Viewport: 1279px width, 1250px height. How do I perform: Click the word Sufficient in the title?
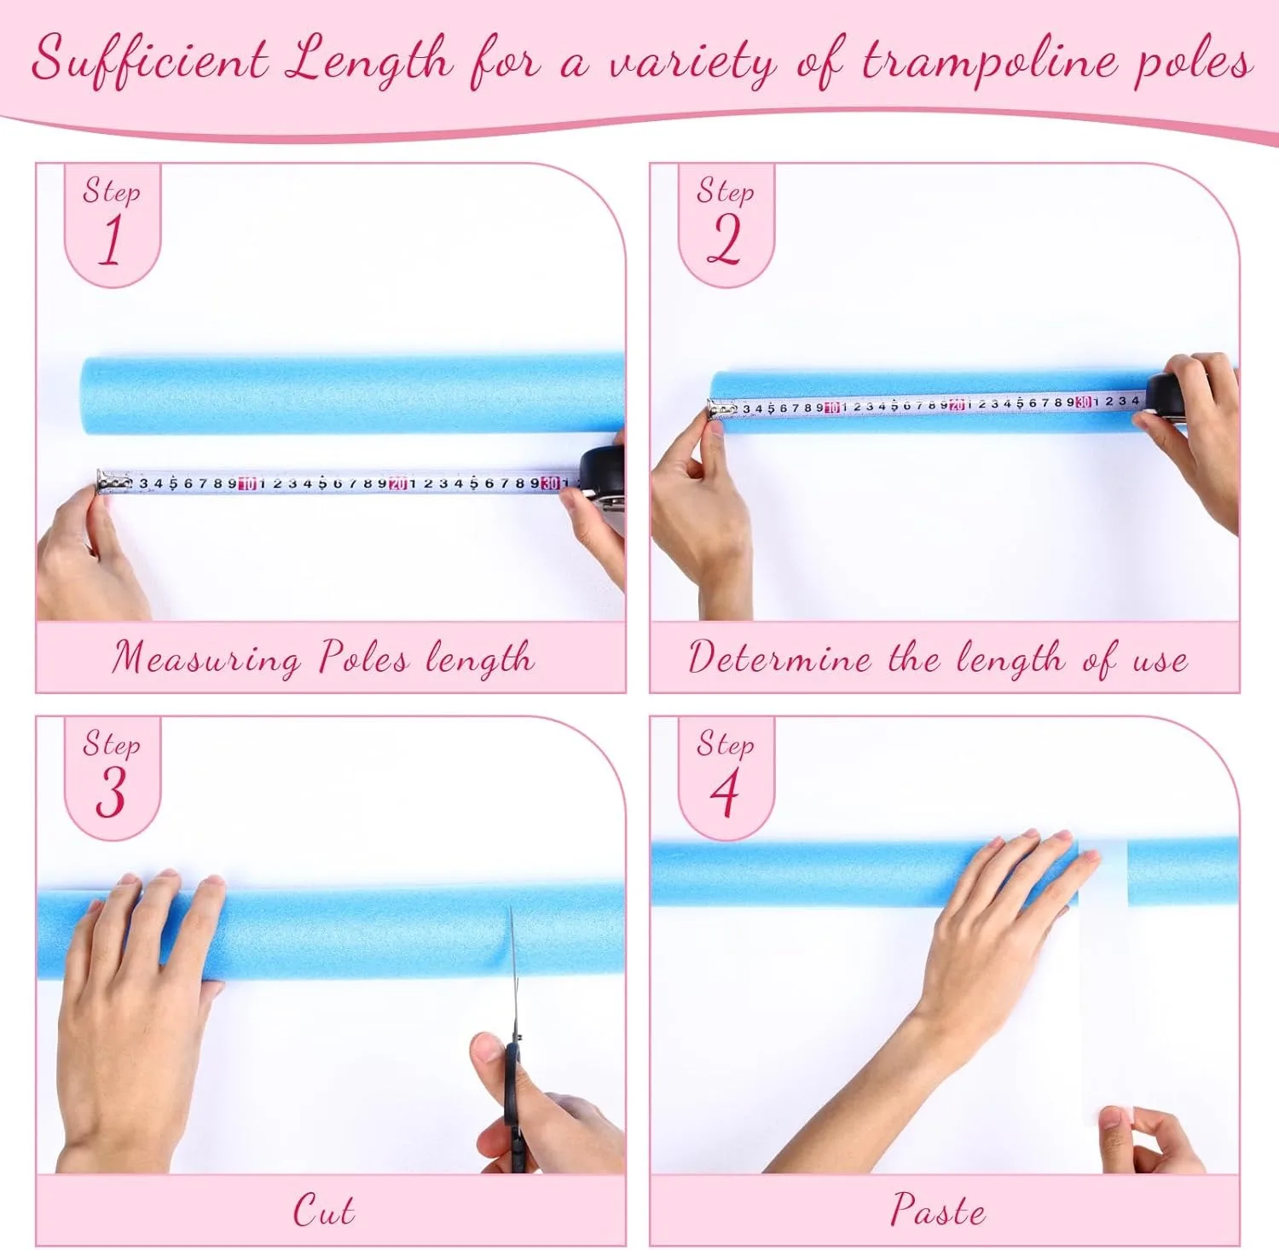[150, 60]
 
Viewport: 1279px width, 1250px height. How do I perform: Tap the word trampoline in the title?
[989, 61]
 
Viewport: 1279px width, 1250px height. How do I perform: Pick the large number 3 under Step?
[111, 792]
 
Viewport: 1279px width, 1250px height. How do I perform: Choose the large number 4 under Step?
[725, 792]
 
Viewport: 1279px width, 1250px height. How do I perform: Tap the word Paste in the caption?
[938, 1210]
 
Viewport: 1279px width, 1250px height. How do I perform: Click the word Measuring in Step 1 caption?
[206, 659]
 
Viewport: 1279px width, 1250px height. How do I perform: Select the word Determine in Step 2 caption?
[779, 658]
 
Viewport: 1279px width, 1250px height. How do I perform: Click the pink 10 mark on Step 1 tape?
[247, 483]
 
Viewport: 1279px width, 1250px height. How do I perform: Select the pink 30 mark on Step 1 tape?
[550, 483]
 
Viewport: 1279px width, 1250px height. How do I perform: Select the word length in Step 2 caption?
[1010, 660]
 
